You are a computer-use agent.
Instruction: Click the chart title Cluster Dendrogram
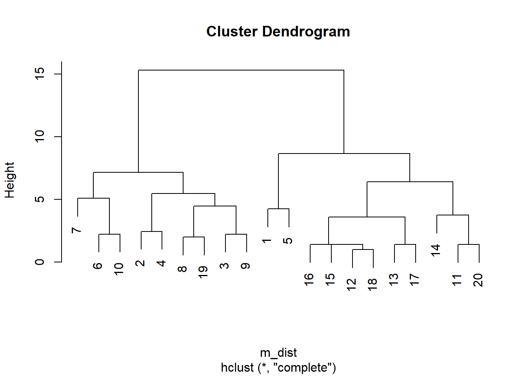(278, 31)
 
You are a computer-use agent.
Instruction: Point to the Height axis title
(10, 180)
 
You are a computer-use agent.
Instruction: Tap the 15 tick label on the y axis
(40, 74)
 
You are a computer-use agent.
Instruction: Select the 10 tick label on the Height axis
(40, 137)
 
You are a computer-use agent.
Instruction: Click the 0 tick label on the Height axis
(40, 262)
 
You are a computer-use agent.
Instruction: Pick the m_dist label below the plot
(278, 352)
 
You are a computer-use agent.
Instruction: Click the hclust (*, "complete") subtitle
(278, 367)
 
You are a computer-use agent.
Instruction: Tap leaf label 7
(76, 230)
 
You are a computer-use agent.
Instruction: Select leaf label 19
(203, 272)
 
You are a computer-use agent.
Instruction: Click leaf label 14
(435, 250)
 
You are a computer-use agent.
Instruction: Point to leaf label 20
(478, 280)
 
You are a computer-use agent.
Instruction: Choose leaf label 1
(266, 241)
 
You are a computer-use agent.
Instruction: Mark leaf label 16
(309, 280)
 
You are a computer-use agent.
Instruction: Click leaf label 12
(351, 285)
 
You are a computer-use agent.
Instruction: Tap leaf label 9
(245, 266)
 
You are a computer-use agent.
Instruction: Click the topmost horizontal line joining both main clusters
(241, 70)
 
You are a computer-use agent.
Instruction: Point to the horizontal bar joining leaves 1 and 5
(278, 209)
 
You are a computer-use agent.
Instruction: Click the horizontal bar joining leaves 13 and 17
(405, 244)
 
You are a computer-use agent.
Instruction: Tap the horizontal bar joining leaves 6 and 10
(109, 234)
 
